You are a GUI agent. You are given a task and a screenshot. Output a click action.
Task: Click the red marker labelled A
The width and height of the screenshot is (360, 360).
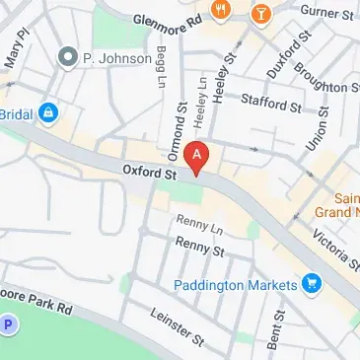[198, 157]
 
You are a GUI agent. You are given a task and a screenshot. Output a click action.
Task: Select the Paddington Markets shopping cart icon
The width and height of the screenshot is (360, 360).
[313, 284]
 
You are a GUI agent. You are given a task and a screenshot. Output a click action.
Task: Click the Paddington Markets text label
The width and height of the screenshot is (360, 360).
[235, 285]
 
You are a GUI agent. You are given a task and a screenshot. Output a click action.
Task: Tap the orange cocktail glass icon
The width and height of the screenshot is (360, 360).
[260, 13]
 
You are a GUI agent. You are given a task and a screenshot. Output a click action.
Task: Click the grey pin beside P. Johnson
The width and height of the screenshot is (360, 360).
[68, 57]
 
